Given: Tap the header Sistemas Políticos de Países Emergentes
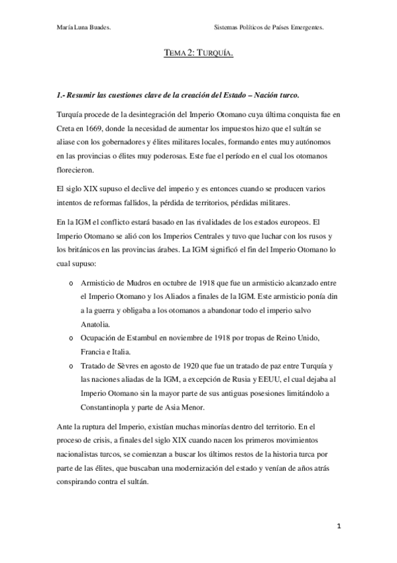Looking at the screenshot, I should pos(273,28).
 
